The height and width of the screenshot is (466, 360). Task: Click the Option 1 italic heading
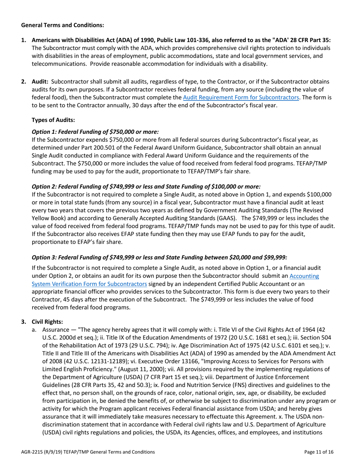(x=95, y=132)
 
